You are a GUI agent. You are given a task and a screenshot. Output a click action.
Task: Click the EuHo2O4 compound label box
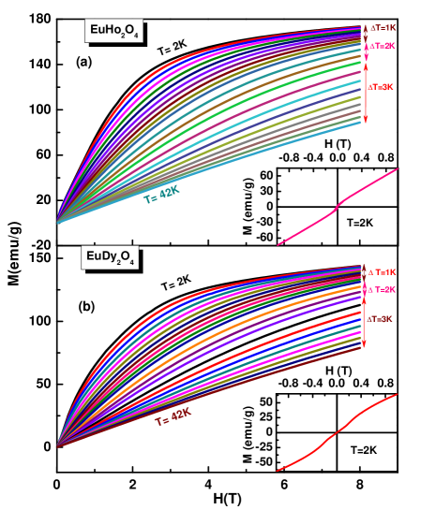113,31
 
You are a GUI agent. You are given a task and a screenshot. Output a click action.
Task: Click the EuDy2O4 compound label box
110,256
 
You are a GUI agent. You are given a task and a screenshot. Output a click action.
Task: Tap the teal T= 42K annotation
160,195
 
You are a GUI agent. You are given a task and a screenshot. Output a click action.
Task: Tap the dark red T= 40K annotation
173,416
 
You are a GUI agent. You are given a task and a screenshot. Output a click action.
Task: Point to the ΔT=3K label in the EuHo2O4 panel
381,87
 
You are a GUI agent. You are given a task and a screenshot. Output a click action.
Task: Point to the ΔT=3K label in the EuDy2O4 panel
380,319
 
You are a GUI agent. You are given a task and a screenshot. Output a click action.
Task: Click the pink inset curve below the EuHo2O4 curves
338,207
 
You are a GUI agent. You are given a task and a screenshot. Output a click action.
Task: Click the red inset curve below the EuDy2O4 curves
338,431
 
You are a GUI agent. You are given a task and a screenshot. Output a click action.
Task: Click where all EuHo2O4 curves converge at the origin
57,222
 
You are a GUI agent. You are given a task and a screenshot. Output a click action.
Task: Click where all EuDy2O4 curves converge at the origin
57,445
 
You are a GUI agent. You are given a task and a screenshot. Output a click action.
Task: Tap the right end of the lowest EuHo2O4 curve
361,123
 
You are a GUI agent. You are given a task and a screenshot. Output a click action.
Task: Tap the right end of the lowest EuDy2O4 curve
361,348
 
